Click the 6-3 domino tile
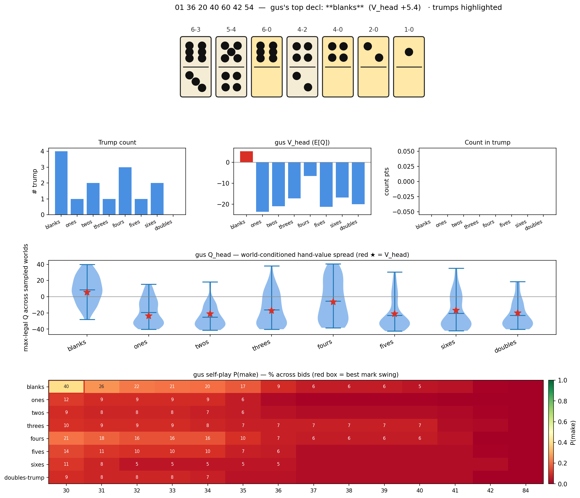tap(196, 67)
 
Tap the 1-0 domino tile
tap(409, 67)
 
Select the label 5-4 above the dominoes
tap(231, 30)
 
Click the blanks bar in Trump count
tap(61, 183)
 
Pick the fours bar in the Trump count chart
tap(125, 191)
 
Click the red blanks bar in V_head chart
tap(246, 157)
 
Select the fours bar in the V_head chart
tap(310, 169)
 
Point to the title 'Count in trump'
tap(487, 143)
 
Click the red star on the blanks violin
tap(87, 292)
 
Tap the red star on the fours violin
tap(333, 302)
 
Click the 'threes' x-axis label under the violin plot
tap(261, 345)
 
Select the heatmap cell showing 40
tap(66, 387)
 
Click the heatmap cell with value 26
tap(102, 387)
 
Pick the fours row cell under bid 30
tap(66, 438)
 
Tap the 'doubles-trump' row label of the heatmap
tap(24, 478)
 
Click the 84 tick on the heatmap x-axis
tap(526, 491)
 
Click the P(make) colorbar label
tap(573, 433)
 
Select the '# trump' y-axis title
tap(35, 182)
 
